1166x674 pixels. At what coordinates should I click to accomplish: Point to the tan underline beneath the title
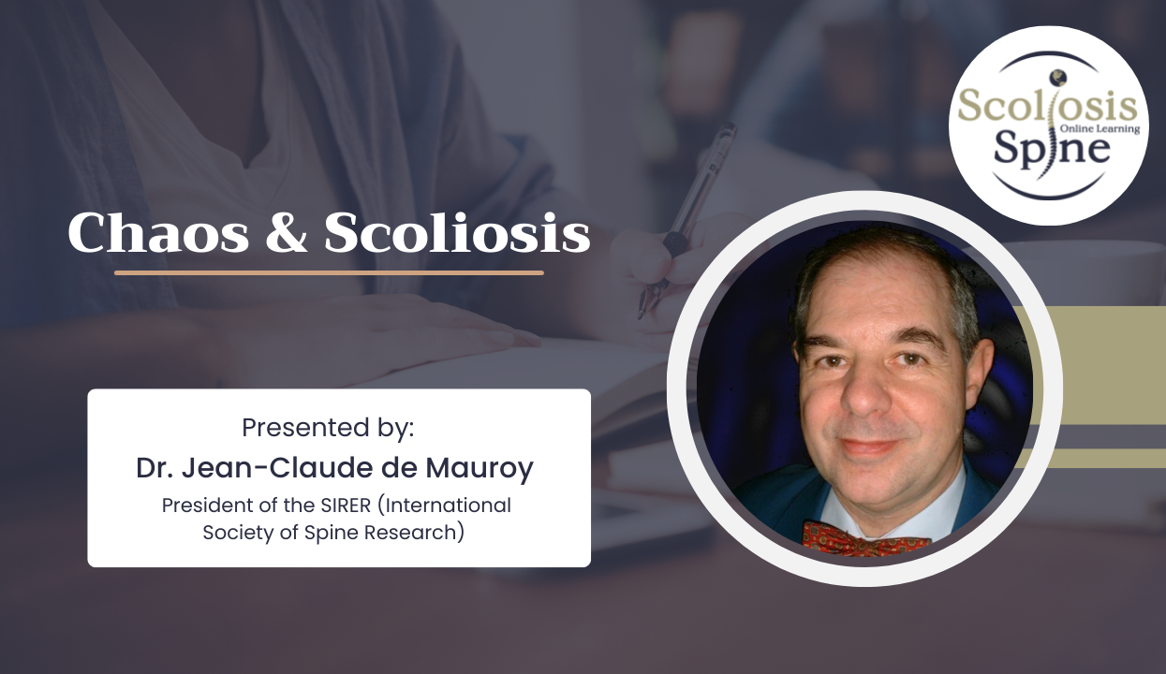(x=329, y=272)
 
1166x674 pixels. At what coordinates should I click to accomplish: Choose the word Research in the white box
(x=413, y=534)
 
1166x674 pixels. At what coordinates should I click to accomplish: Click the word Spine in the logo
(x=1052, y=149)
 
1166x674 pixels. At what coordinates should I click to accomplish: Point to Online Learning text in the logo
(x=1100, y=129)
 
